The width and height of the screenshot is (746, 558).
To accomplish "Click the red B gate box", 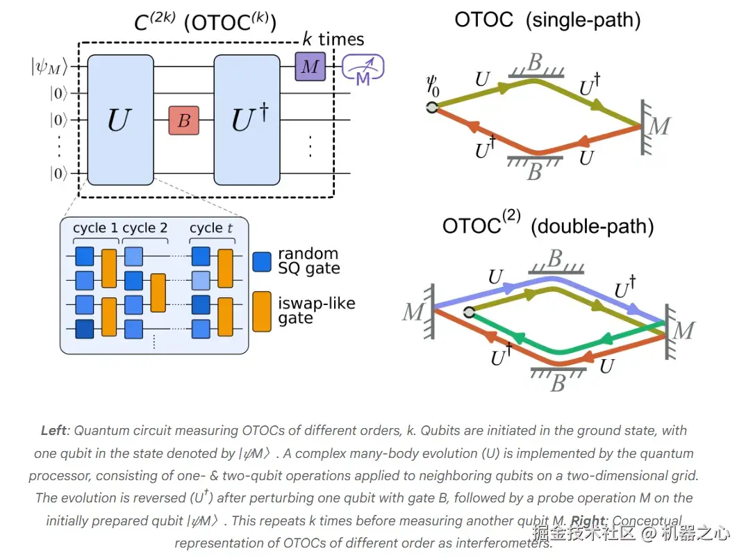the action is [183, 120].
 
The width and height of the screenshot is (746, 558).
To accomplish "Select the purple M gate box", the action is [310, 66].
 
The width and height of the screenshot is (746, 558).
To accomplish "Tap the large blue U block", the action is [121, 120].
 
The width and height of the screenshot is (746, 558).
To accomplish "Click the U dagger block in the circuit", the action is [247, 120].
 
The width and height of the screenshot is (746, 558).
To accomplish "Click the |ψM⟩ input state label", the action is [49, 67].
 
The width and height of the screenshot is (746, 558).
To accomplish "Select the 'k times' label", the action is [333, 39].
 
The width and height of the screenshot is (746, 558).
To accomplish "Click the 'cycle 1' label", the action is [95, 228].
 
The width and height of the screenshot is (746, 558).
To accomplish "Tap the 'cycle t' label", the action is [211, 228].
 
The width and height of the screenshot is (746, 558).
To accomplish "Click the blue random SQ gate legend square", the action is [262, 262].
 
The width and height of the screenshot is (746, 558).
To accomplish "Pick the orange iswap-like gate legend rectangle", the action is [262, 311].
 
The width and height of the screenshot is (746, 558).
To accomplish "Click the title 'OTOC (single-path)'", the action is [547, 20].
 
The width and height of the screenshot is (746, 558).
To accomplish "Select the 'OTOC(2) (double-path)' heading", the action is [548, 224].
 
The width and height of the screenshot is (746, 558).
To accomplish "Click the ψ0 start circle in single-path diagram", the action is [432, 108].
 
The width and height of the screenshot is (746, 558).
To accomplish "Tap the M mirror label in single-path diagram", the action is [659, 126].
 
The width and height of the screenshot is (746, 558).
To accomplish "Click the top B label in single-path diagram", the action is [536, 62].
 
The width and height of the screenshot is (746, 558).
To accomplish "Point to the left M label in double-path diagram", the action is [413, 312].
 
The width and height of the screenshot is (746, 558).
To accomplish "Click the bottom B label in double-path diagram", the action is [558, 383].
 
